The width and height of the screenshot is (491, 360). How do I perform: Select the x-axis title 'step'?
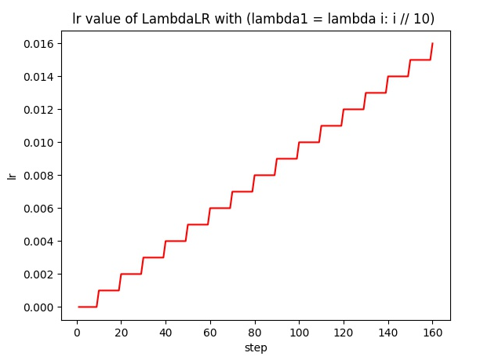point(256,347)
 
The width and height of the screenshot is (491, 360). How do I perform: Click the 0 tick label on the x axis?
point(76,332)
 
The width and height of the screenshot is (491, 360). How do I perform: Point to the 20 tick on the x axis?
point(121,332)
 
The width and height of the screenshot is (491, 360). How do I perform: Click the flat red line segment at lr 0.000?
point(88,307)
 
